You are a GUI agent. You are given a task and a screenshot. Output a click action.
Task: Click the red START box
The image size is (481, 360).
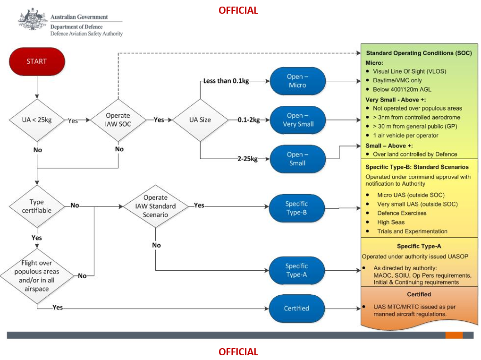[x=36, y=61]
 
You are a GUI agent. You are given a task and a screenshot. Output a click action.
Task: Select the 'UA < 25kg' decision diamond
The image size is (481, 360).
[x=37, y=120]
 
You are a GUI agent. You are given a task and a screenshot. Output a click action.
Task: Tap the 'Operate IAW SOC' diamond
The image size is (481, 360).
[x=118, y=120]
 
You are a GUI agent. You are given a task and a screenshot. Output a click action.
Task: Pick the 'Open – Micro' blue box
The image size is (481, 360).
[x=297, y=81]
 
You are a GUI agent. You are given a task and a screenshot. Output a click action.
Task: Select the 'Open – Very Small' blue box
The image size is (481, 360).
[x=297, y=120]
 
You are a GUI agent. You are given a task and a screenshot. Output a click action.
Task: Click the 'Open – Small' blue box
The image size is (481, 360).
[x=297, y=159]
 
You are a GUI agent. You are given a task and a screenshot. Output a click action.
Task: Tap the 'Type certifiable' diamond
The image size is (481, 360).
[x=37, y=206]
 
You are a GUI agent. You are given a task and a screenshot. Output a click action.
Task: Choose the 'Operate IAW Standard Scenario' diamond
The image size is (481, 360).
[x=155, y=206]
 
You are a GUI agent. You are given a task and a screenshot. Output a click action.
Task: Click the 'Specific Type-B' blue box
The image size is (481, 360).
[x=296, y=208]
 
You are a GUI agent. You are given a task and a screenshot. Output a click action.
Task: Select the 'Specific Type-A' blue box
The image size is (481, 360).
[x=296, y=270]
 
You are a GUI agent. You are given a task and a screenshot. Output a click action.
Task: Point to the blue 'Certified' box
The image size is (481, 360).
[x=296, y=309]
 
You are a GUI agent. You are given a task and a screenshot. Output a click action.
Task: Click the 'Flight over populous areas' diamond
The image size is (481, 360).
[x=37, y=275]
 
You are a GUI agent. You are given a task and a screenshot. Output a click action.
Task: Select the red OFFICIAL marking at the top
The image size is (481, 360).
[x=238, y=10]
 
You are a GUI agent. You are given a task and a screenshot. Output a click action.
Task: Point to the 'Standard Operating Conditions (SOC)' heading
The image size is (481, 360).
[x=419, y=53]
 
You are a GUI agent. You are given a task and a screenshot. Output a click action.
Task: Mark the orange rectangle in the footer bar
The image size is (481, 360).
[x=454, y=335]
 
